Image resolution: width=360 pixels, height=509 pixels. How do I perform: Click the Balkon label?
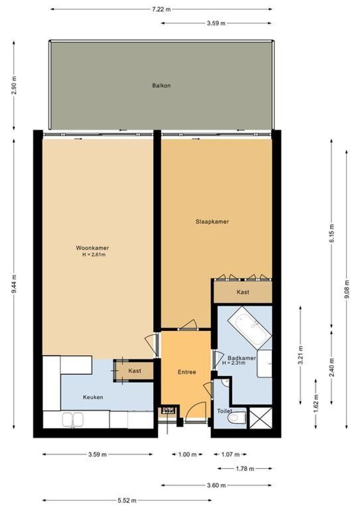pos(161,86)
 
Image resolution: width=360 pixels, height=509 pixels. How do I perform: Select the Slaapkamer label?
pos(212,222)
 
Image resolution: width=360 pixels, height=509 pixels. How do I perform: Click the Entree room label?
pos(187,372)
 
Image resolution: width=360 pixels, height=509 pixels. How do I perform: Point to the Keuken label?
pos(93,397)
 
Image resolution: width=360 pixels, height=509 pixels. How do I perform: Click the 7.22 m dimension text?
pos(161,9)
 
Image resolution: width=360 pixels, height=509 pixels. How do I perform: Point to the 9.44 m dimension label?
pos(15,285)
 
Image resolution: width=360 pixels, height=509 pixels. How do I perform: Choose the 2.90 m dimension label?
pos(15,85)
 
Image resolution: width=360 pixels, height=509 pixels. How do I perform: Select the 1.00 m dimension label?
pos(187,454)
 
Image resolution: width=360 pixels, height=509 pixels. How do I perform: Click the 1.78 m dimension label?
pos(245,468)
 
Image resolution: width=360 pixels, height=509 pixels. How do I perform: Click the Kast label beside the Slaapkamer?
pos(243,292)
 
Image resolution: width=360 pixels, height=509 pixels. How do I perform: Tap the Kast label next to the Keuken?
pos(135,371)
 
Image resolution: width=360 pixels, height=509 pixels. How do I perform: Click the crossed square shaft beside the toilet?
pos(260,418)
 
